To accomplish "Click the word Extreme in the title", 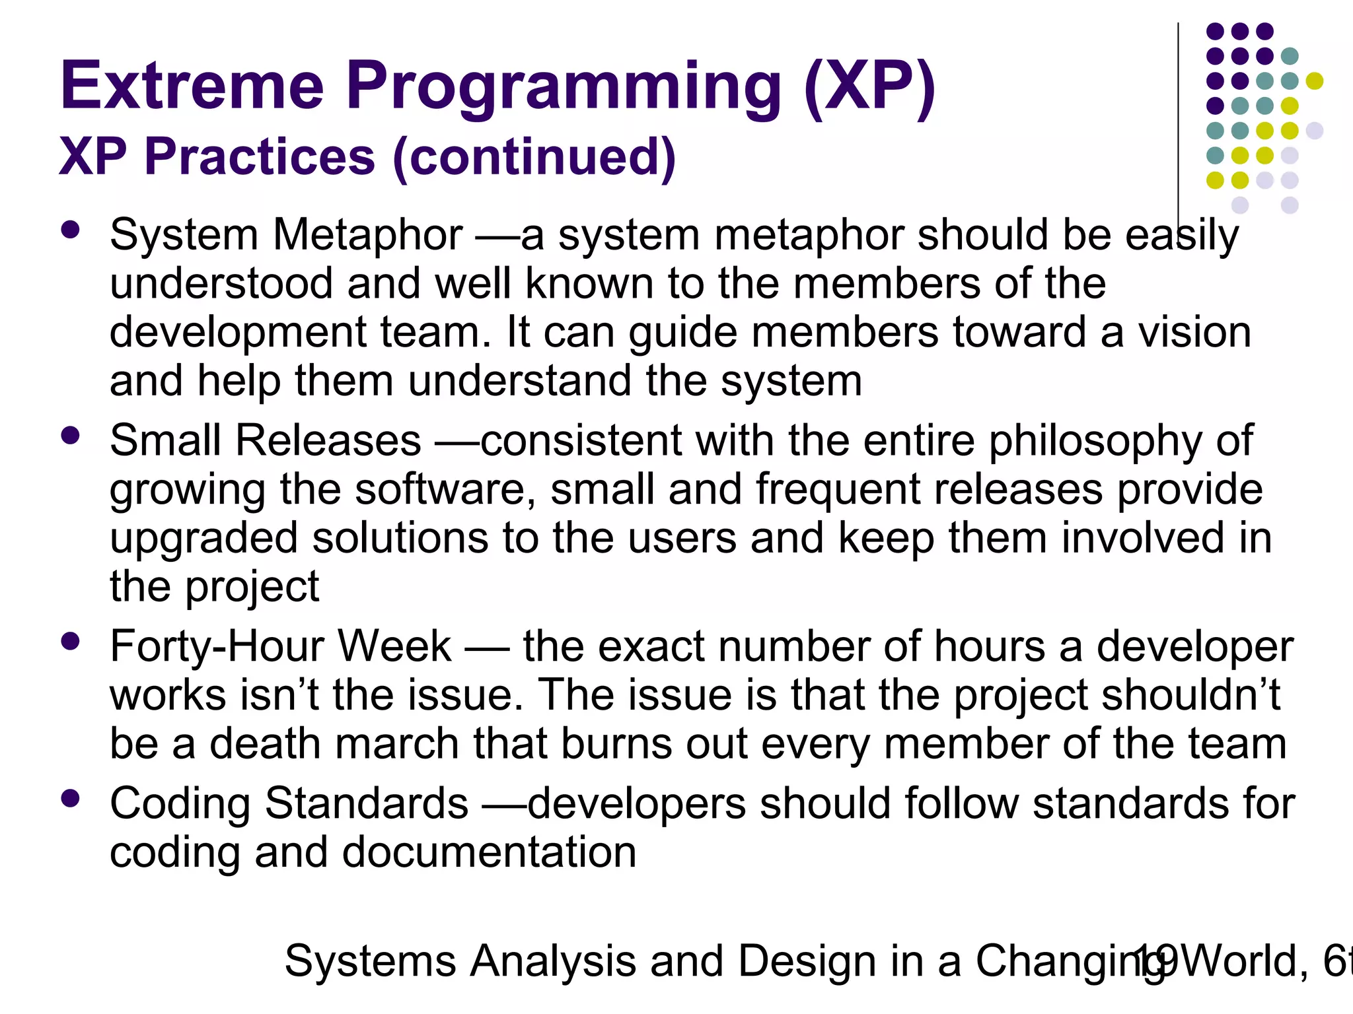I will [192, 86].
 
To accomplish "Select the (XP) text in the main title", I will [869, 86].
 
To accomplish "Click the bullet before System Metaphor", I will [69, 230].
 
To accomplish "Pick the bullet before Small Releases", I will [69, 436].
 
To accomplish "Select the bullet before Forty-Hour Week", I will [69, 641].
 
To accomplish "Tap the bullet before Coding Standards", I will [69, 799].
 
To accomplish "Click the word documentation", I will [489, 852].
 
